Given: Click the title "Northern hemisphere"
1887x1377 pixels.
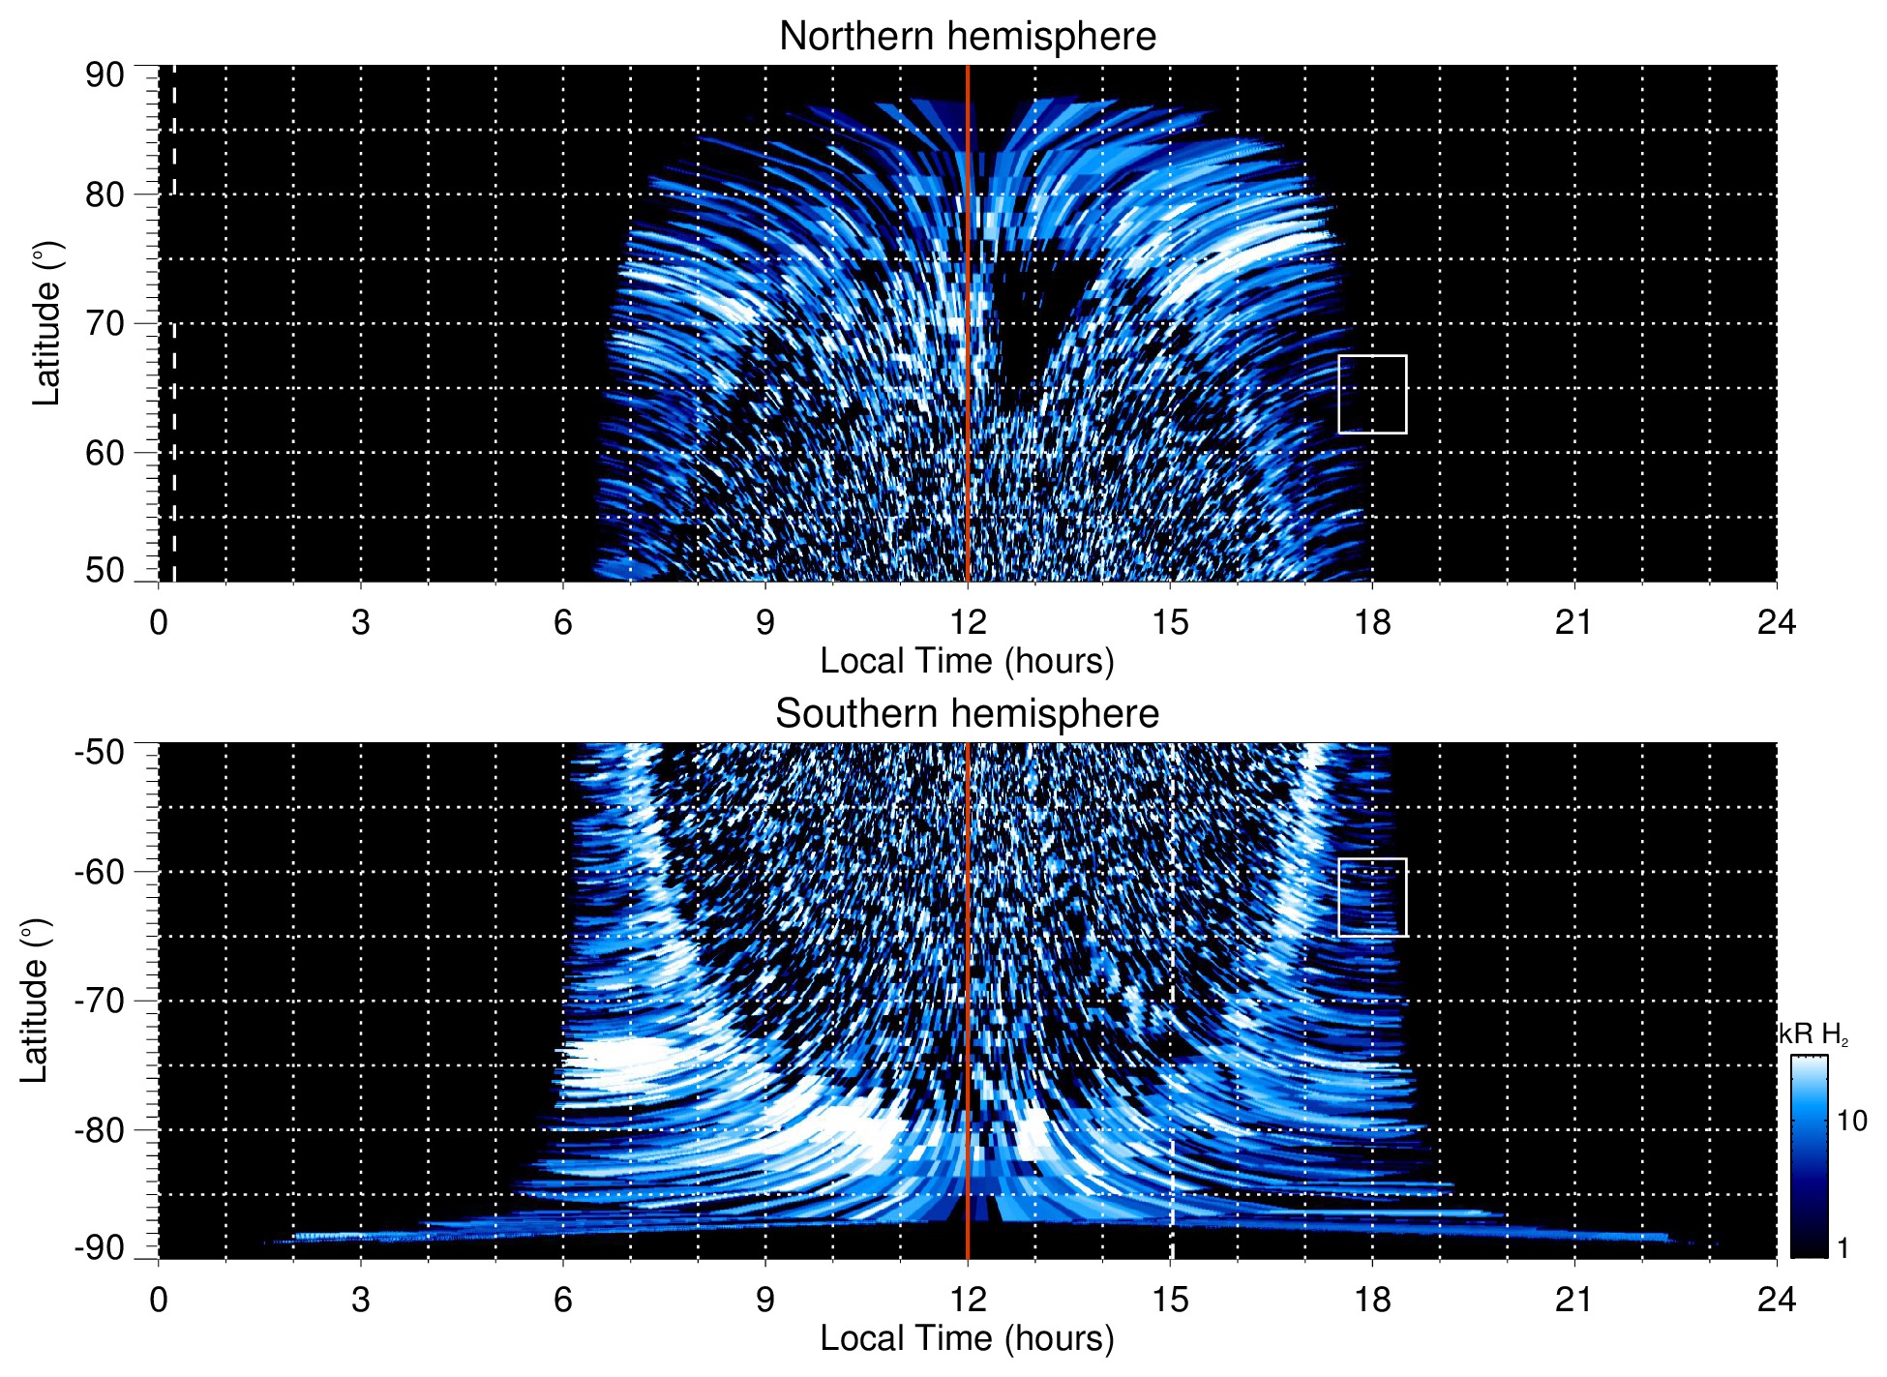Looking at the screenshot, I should click(967, 37).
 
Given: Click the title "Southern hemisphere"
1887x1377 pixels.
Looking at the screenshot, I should click(967, 714).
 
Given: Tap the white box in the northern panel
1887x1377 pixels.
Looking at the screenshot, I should click(1372, 395).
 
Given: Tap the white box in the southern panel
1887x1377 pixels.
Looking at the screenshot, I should click(1372, 897).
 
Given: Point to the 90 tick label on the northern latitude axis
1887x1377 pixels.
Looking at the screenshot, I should click(105, 75).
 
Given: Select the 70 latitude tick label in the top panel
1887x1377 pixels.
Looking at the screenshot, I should click(105, 323).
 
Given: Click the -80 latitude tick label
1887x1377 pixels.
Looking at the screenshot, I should click(100, 1129).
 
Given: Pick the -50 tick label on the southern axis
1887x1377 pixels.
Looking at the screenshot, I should click(100, 752).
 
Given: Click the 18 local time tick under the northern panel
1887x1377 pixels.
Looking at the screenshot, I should click(1372, 622).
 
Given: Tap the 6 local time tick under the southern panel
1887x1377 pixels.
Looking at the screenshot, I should click(563, 1300).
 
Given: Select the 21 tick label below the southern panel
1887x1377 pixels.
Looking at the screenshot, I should click(1574, 1300).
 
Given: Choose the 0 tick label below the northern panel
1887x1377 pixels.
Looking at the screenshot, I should click(159, 622).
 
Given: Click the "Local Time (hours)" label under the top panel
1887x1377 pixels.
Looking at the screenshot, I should click(967, 661).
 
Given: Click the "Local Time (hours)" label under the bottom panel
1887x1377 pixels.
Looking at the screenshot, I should click(967, 1338).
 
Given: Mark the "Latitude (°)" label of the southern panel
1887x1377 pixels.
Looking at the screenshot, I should click(35, 1002).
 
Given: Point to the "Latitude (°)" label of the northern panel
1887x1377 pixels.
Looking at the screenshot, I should click(46, 324).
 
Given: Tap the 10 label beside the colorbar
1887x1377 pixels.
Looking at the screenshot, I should click(1851, 1122).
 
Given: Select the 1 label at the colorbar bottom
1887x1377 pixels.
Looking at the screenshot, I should click(1842, 1248).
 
